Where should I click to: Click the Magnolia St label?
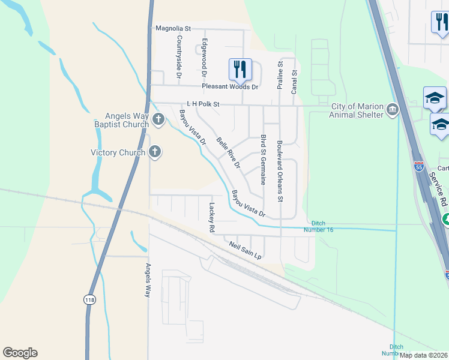(172, 28)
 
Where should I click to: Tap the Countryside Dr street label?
(179, 56)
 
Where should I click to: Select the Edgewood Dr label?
(204, 58)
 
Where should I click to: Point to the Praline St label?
(280, 76)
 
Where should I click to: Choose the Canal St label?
(294, 81)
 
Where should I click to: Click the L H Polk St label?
(203, 104)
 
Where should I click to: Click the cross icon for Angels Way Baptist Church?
(158, 119)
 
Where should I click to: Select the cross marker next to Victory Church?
(155, 152)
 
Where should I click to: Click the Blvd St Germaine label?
(263, 159)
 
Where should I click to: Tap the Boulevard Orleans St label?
(280, 170)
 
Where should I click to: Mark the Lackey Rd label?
(211, 217)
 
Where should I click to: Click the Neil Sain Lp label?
(246, 250)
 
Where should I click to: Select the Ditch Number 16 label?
(321, 226)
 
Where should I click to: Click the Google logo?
(20, 353)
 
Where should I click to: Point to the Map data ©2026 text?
(423, 355)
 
